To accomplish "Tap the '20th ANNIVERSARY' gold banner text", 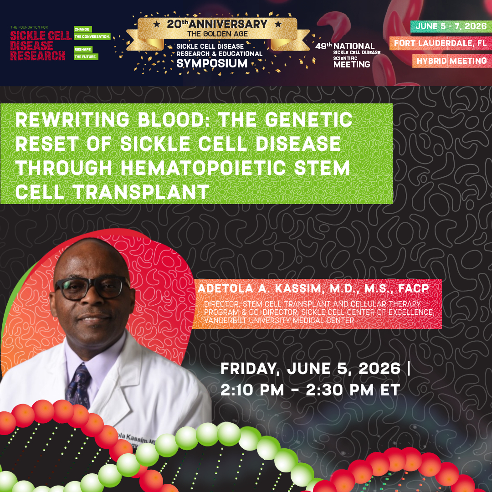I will click(211, 24).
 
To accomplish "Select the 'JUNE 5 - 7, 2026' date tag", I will click(448, 26).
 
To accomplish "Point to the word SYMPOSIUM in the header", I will click(211, 63).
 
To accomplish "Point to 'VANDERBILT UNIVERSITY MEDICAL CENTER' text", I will click(279, 320).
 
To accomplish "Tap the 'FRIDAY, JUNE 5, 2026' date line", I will click(310, 368).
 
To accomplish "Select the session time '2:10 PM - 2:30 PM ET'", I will click(310, 390).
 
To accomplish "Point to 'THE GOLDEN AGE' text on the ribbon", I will click(211, 34).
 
